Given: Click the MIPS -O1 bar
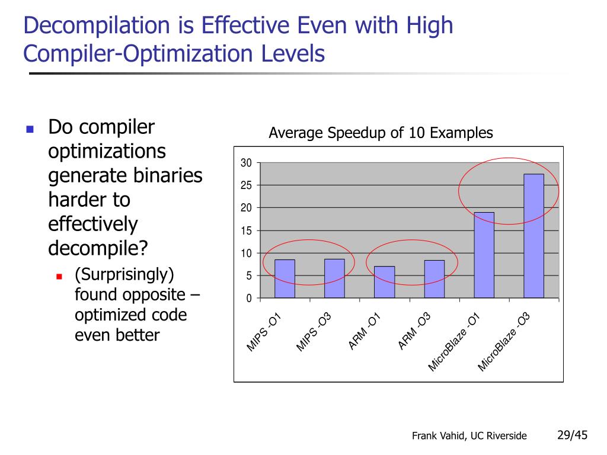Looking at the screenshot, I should click(285, 278).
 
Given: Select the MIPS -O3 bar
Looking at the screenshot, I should click(334, 278).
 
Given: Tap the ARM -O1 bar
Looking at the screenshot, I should click(384, 282).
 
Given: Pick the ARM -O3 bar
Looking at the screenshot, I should click(434, 278).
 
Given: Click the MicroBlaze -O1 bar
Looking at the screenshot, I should click(484, 255).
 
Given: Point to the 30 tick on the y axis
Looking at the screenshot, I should click(246, 163).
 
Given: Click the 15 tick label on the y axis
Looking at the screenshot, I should click(246, 230).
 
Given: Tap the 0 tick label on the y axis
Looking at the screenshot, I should click(249, 298).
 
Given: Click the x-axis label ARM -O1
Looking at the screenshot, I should click(364, 332).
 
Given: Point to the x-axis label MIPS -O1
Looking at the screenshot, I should click(264, 334).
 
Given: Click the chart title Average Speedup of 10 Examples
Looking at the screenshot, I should click(381, 133).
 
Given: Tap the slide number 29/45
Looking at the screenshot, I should click(572, 435).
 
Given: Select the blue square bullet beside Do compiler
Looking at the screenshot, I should click(30, 129).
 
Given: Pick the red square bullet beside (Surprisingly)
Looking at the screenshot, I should click(59, 276).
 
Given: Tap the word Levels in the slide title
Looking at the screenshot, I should click(293, 54).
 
